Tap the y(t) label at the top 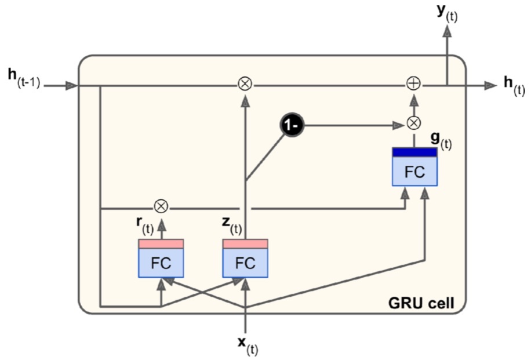447,13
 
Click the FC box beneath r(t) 161,263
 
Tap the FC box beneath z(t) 246,263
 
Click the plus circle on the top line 413,85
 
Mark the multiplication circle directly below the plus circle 413,123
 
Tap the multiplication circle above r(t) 161,206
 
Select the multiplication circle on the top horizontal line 245,85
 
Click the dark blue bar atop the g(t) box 414,152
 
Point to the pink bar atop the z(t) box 246,243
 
